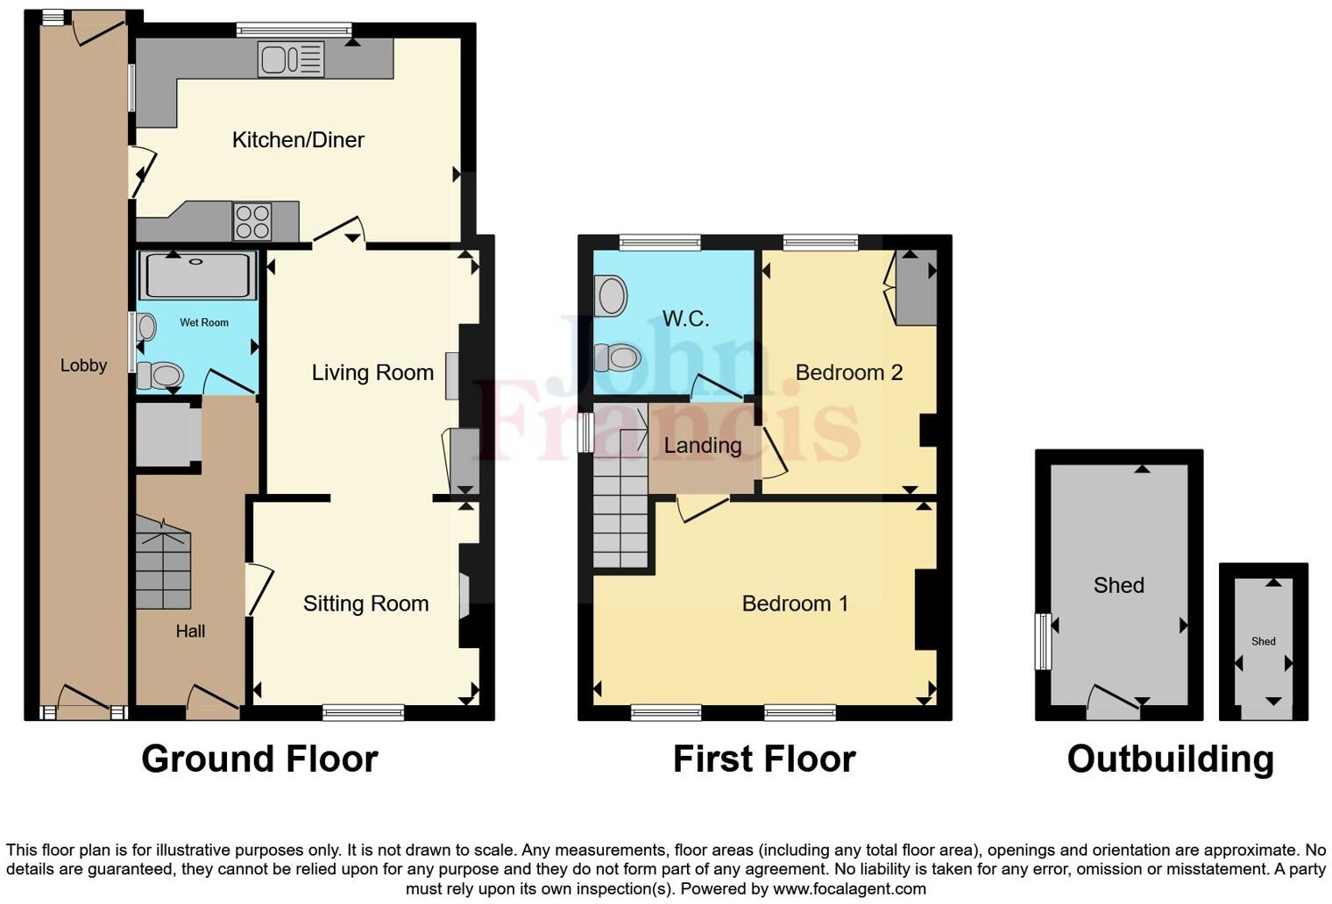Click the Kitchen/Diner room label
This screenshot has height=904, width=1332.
298,140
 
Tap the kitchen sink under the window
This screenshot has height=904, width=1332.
291,60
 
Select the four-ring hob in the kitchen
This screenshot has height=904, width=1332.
252,222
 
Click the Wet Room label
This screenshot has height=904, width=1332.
204,322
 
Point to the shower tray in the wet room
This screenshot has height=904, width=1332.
198,276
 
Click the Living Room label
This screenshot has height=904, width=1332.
372,373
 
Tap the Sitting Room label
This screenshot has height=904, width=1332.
365,604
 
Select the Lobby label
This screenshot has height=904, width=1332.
83,365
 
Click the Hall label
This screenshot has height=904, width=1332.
190,632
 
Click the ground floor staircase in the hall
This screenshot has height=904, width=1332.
164,565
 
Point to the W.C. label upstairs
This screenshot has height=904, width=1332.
685,319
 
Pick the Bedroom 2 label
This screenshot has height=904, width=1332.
848,373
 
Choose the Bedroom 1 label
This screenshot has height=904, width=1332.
795,604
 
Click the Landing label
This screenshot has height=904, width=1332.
703,446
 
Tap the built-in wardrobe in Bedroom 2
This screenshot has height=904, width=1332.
917,287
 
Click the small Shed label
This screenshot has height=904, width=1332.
1263,641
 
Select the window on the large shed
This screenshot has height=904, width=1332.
1043,641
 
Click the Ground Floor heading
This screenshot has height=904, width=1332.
259,759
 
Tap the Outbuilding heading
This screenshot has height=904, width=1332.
1170,759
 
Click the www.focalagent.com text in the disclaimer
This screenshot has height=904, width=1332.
848,888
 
